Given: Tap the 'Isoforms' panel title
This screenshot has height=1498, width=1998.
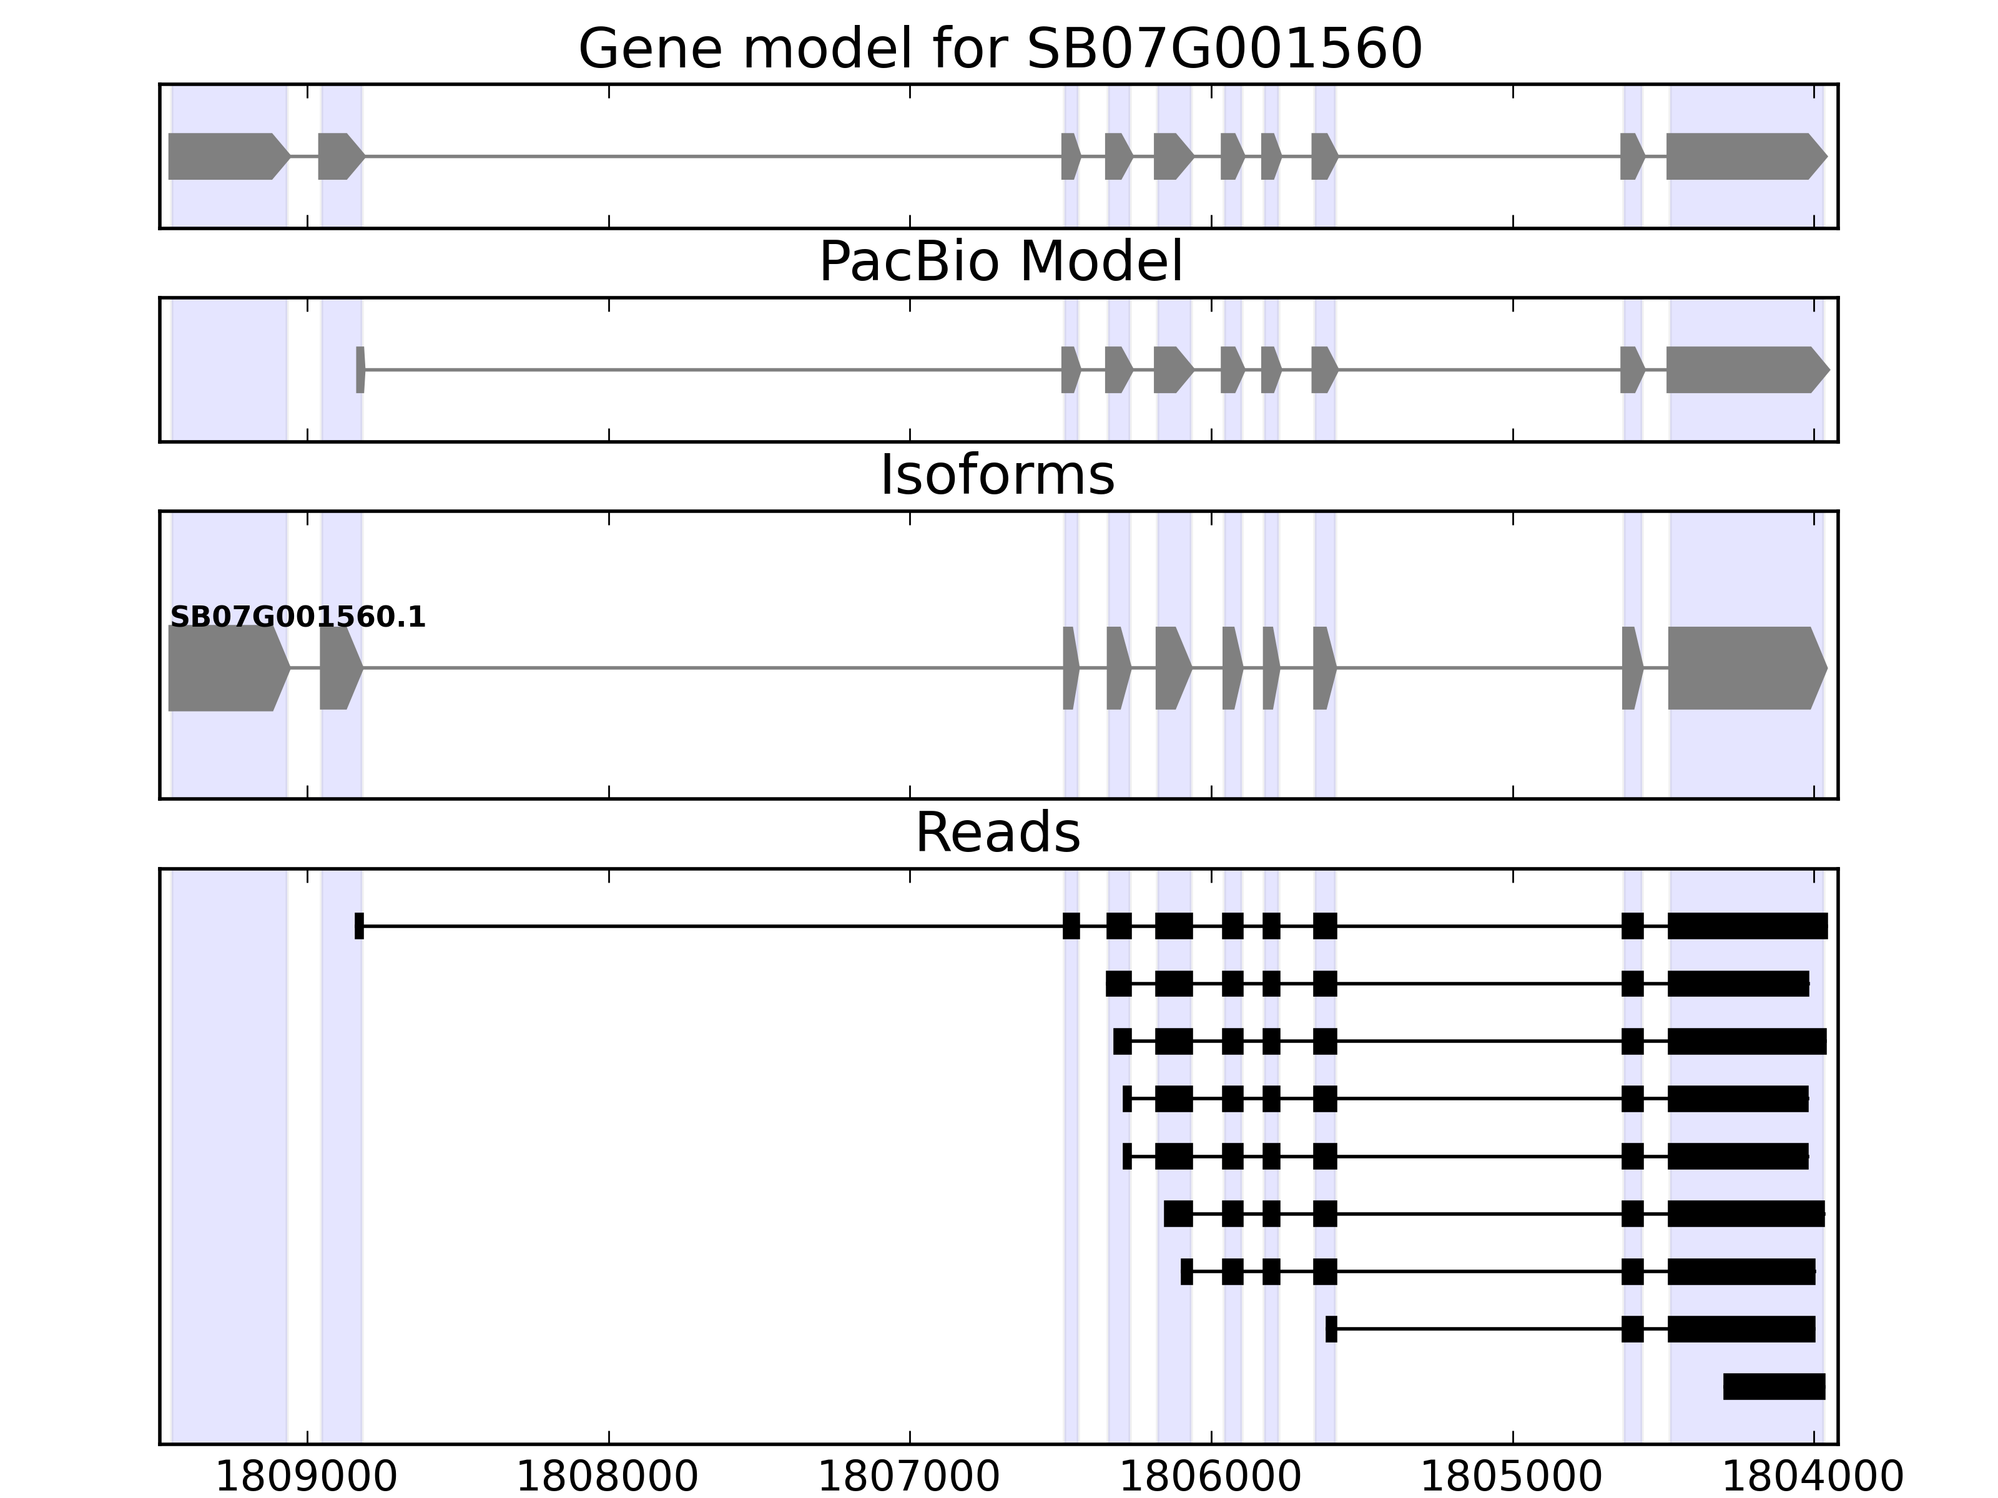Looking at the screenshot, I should tap(997, 476).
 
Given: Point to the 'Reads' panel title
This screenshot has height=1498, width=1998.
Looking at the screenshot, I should tap(997, 833).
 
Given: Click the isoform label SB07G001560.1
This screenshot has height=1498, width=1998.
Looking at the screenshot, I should tap(297, 618).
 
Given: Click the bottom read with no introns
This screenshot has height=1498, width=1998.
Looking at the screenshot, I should tap(1773, 1387).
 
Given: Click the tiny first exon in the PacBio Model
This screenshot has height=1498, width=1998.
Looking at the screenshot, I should tap(360, 370).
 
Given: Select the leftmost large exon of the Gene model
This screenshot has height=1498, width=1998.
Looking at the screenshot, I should tap(226, 156).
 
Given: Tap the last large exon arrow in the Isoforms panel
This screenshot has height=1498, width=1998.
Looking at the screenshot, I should tap(1743, 668).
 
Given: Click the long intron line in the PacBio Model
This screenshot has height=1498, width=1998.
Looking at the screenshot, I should tap(714, 370).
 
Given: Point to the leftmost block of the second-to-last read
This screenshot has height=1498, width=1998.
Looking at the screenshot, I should tap(1331, 1329).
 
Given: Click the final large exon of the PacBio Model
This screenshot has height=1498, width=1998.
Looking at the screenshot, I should tap(1743, 370).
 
